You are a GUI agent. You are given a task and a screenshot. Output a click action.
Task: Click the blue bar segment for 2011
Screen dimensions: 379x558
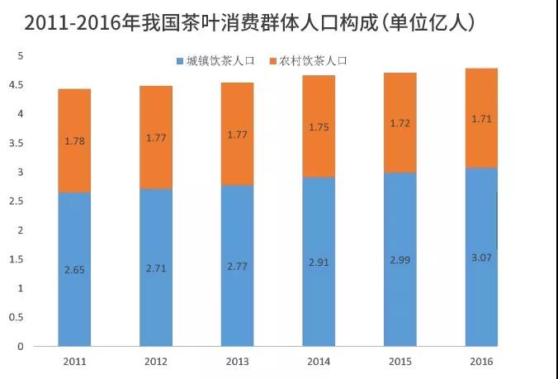pos(74,297)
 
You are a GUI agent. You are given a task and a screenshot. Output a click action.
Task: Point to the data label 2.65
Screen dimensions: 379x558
pos(74,269)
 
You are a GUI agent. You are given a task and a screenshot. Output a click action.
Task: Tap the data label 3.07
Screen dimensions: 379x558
pos(482,258)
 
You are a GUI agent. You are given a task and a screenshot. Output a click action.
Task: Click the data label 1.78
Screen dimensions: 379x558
pos(74,140)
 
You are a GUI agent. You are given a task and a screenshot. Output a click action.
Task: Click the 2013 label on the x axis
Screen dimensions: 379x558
pos(237,362)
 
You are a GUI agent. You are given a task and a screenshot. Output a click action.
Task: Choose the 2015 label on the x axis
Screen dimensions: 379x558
pos(400,362)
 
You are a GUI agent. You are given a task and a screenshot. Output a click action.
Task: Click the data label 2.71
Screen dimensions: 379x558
pos(156,268)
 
